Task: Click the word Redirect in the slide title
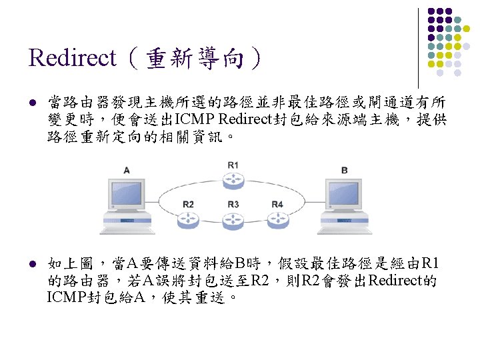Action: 73,58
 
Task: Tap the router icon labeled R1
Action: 233,180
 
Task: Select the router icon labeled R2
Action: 189,218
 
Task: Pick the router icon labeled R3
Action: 233,218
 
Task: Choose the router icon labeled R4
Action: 277,218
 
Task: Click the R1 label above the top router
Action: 233,165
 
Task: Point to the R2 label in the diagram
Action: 189,203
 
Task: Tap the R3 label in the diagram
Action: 233,203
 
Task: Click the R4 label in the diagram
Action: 277,203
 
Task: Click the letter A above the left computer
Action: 127,170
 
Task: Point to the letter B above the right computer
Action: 344,170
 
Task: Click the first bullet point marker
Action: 32,103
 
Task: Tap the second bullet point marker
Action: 32,263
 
